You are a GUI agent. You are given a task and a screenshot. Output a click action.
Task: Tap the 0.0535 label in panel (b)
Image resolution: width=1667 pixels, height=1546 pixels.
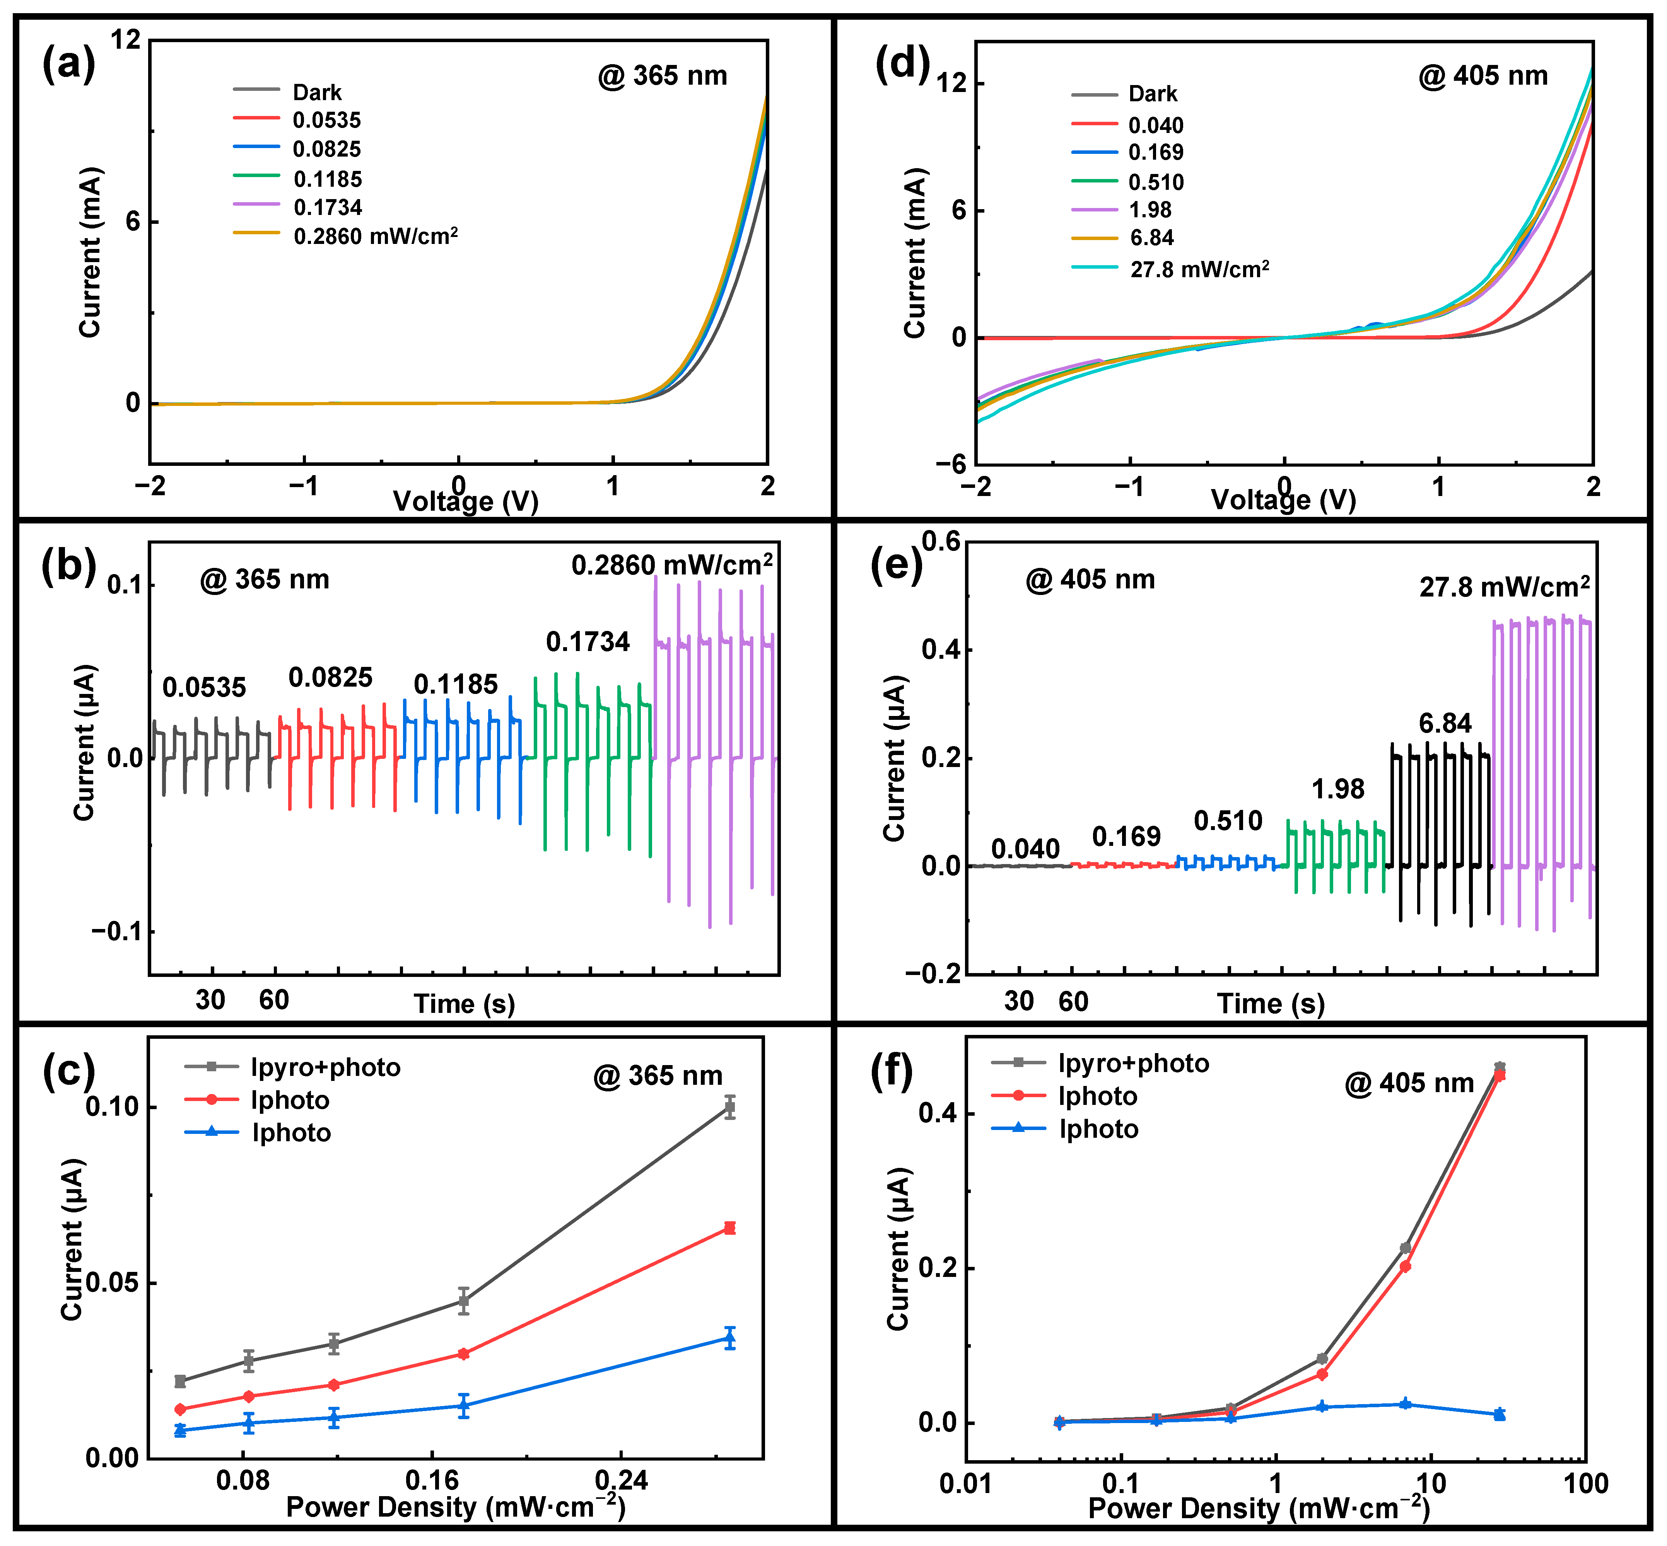click(x=204, y=688)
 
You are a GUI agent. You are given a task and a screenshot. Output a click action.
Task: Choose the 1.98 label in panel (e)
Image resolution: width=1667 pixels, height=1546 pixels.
click(x=1337, y=789)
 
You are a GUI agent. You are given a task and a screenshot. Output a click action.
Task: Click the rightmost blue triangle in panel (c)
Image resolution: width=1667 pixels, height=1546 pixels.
click(x=730, y=1338)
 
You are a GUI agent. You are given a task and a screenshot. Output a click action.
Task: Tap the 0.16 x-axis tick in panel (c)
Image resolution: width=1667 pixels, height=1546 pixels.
click(x=432, y=1481)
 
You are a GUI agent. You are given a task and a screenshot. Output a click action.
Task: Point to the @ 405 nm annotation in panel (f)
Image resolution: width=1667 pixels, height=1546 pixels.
click(x=1409, y=1083)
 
